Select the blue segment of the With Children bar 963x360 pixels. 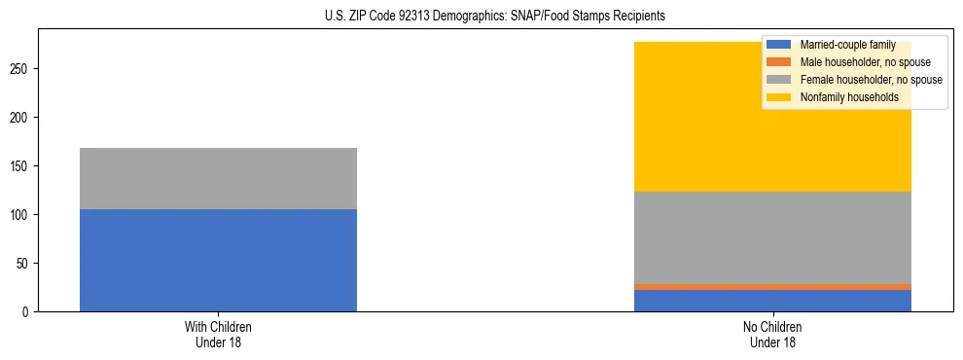(218, 260)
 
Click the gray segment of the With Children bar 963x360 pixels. (218, 178)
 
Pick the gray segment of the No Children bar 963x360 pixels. (772, 237)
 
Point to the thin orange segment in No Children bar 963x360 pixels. (772, 287)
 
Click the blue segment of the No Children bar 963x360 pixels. (772, 301)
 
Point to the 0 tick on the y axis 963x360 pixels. (28, 312)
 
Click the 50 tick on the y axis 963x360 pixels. (25, 264)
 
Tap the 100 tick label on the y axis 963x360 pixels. (22, 215)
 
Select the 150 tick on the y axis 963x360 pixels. (22, 166)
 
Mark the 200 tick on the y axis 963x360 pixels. (22, 118)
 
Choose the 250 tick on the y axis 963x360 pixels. (22, 69)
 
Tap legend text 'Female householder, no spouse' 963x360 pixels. (871, 80)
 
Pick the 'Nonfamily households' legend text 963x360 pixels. (848, 97)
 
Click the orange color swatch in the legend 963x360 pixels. (779, 62)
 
